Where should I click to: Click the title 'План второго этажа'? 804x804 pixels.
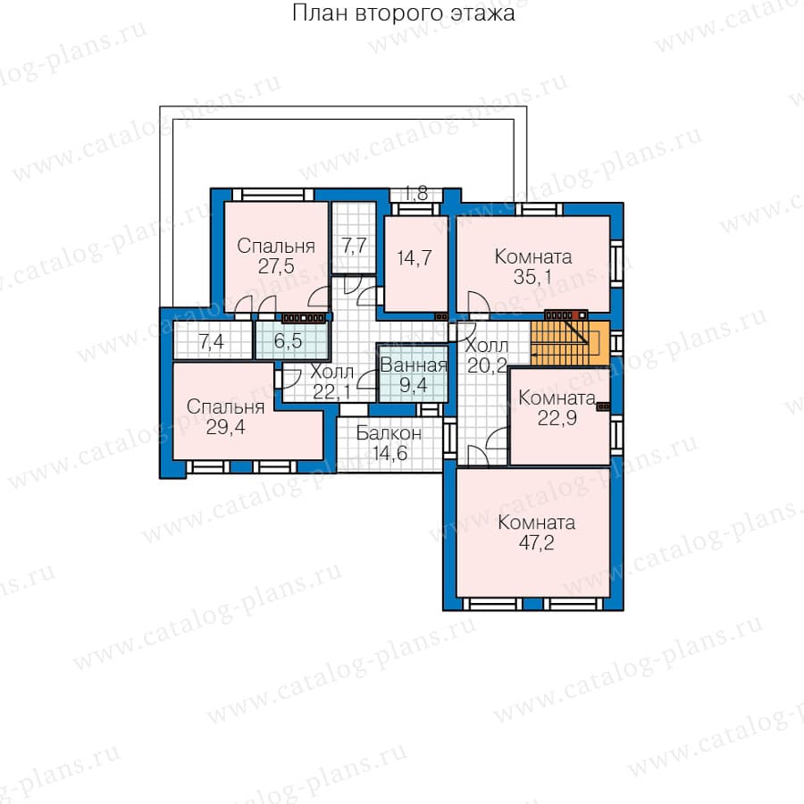[404, 13]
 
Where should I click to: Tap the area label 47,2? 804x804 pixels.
[536, 542]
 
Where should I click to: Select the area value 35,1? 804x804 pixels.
[532, 277]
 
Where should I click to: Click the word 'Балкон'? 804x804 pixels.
[389, 433]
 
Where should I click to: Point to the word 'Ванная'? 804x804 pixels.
[414, 365]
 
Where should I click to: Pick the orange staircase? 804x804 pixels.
[570, 344]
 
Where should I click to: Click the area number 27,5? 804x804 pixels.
[276, 266]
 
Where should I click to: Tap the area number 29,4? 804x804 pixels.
[226, 427]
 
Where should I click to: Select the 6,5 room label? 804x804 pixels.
[289, 341]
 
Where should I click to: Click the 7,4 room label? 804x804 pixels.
[211, 341]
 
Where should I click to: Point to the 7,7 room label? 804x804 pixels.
[354, 247]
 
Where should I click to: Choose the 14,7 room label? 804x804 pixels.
[415, 258]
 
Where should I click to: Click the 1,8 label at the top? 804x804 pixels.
[415, 194]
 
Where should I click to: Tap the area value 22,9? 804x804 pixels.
[557, 418]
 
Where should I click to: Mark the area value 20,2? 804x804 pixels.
[487, 365]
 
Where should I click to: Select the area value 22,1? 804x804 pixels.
[331, 392]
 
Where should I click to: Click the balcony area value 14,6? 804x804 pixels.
[389, 453]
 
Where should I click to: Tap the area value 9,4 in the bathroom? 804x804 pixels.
[414, 384]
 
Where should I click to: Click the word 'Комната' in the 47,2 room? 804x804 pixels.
[536, 523]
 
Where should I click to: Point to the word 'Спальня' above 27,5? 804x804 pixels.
[276, 247]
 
